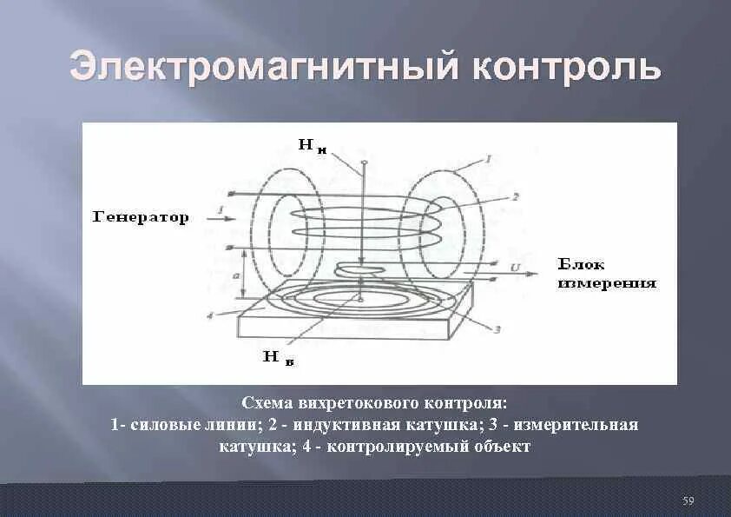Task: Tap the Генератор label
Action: click(x=141, y=218)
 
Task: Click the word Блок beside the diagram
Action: click(x=581, y=264)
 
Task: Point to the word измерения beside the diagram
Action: click(x=606, y=283)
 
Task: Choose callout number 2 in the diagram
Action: click(x=515, y=197)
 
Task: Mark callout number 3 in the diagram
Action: click(x=496, y=329)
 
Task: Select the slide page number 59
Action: click(x=688, y=500)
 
